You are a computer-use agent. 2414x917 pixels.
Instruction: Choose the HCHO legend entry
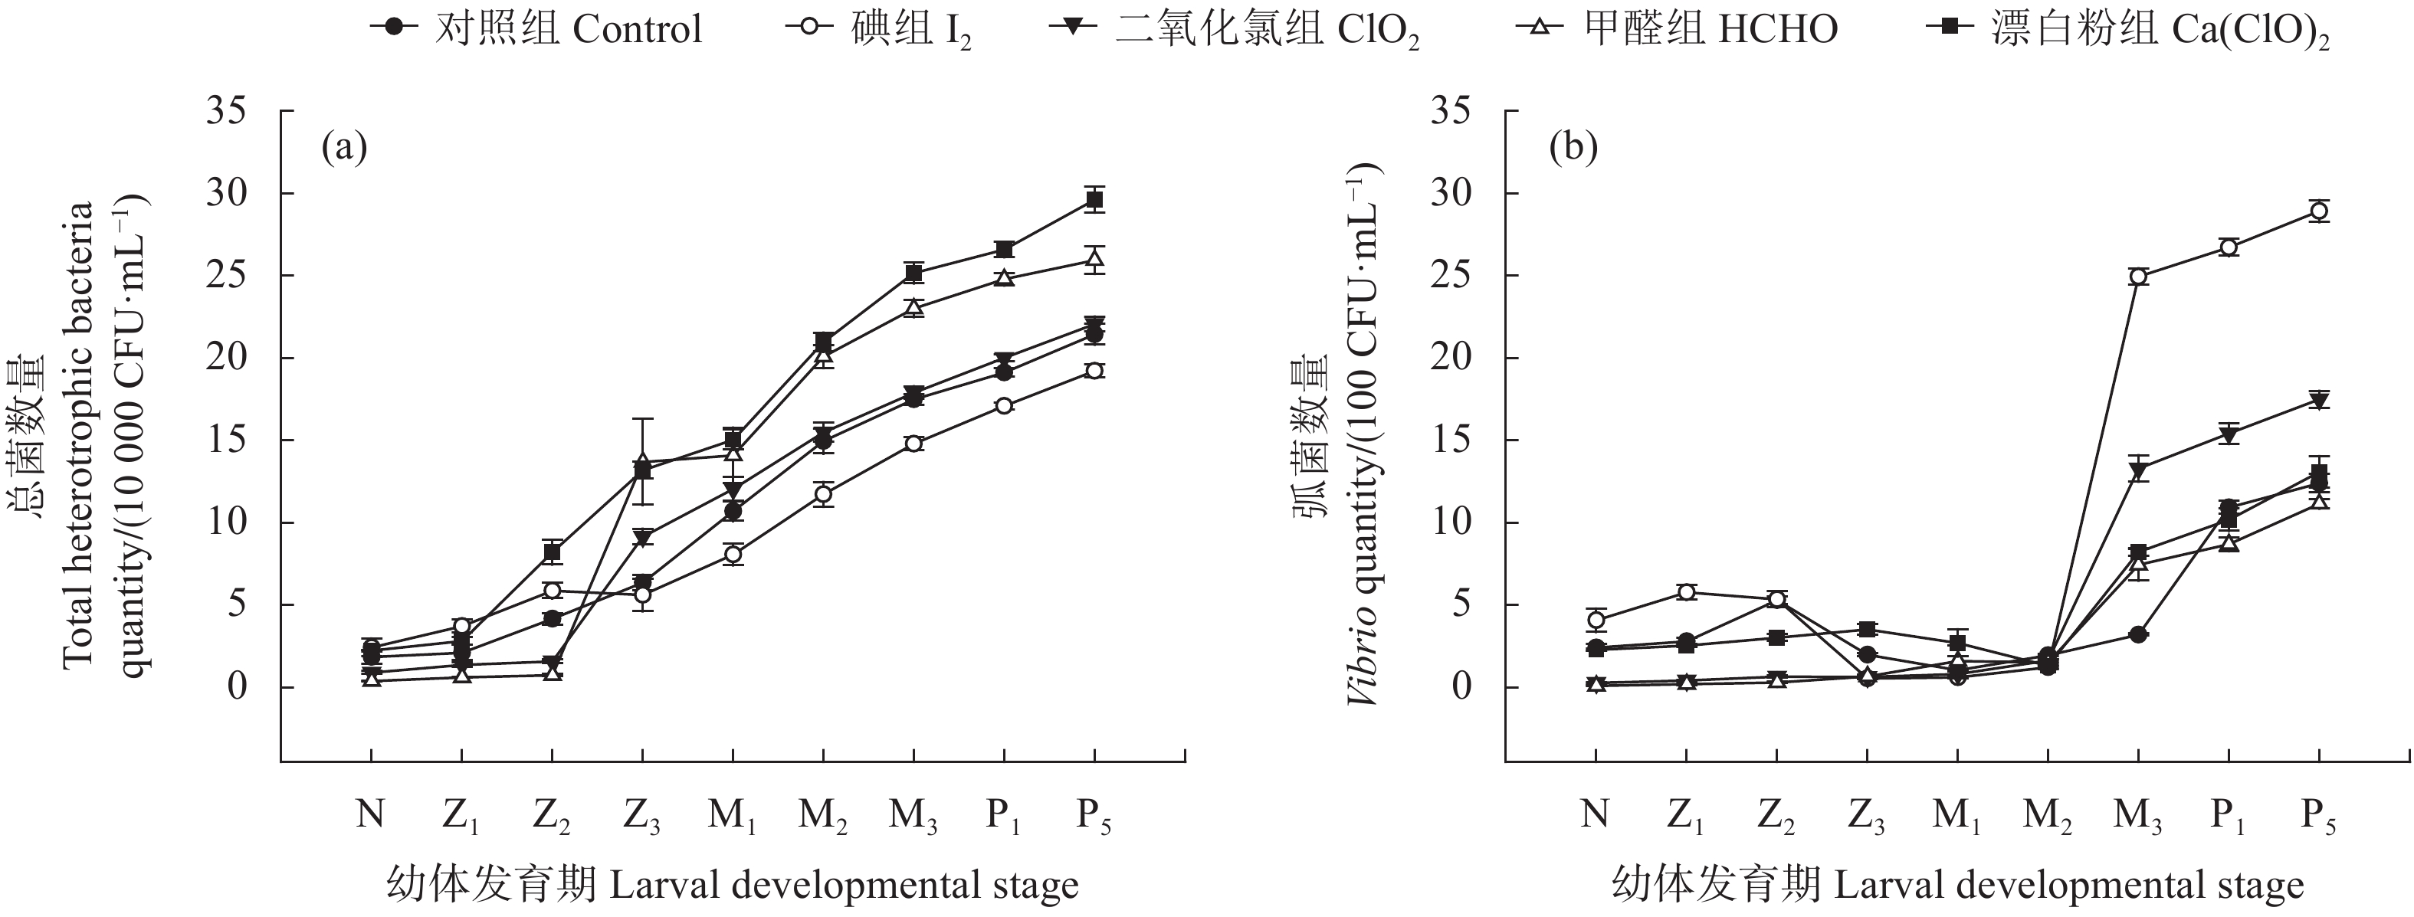tap(1677, 29)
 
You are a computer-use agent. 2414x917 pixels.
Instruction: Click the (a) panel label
tap(344, 148)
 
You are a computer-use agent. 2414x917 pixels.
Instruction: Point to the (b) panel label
tap(1574, 148)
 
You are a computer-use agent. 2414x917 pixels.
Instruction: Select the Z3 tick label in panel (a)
tap(643, 817)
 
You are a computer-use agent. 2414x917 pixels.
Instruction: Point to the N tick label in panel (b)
tap(1594, 815)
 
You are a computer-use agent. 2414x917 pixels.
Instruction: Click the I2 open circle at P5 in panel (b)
tap(2319, 211)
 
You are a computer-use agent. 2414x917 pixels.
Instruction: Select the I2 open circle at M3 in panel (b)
tap(2138, 277)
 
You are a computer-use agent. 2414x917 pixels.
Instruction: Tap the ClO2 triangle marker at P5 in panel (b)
tap(2319, 401)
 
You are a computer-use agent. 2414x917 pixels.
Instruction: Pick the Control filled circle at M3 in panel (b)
tap(2138, 634)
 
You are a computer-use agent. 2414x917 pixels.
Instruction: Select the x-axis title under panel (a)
tap(733, 884)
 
